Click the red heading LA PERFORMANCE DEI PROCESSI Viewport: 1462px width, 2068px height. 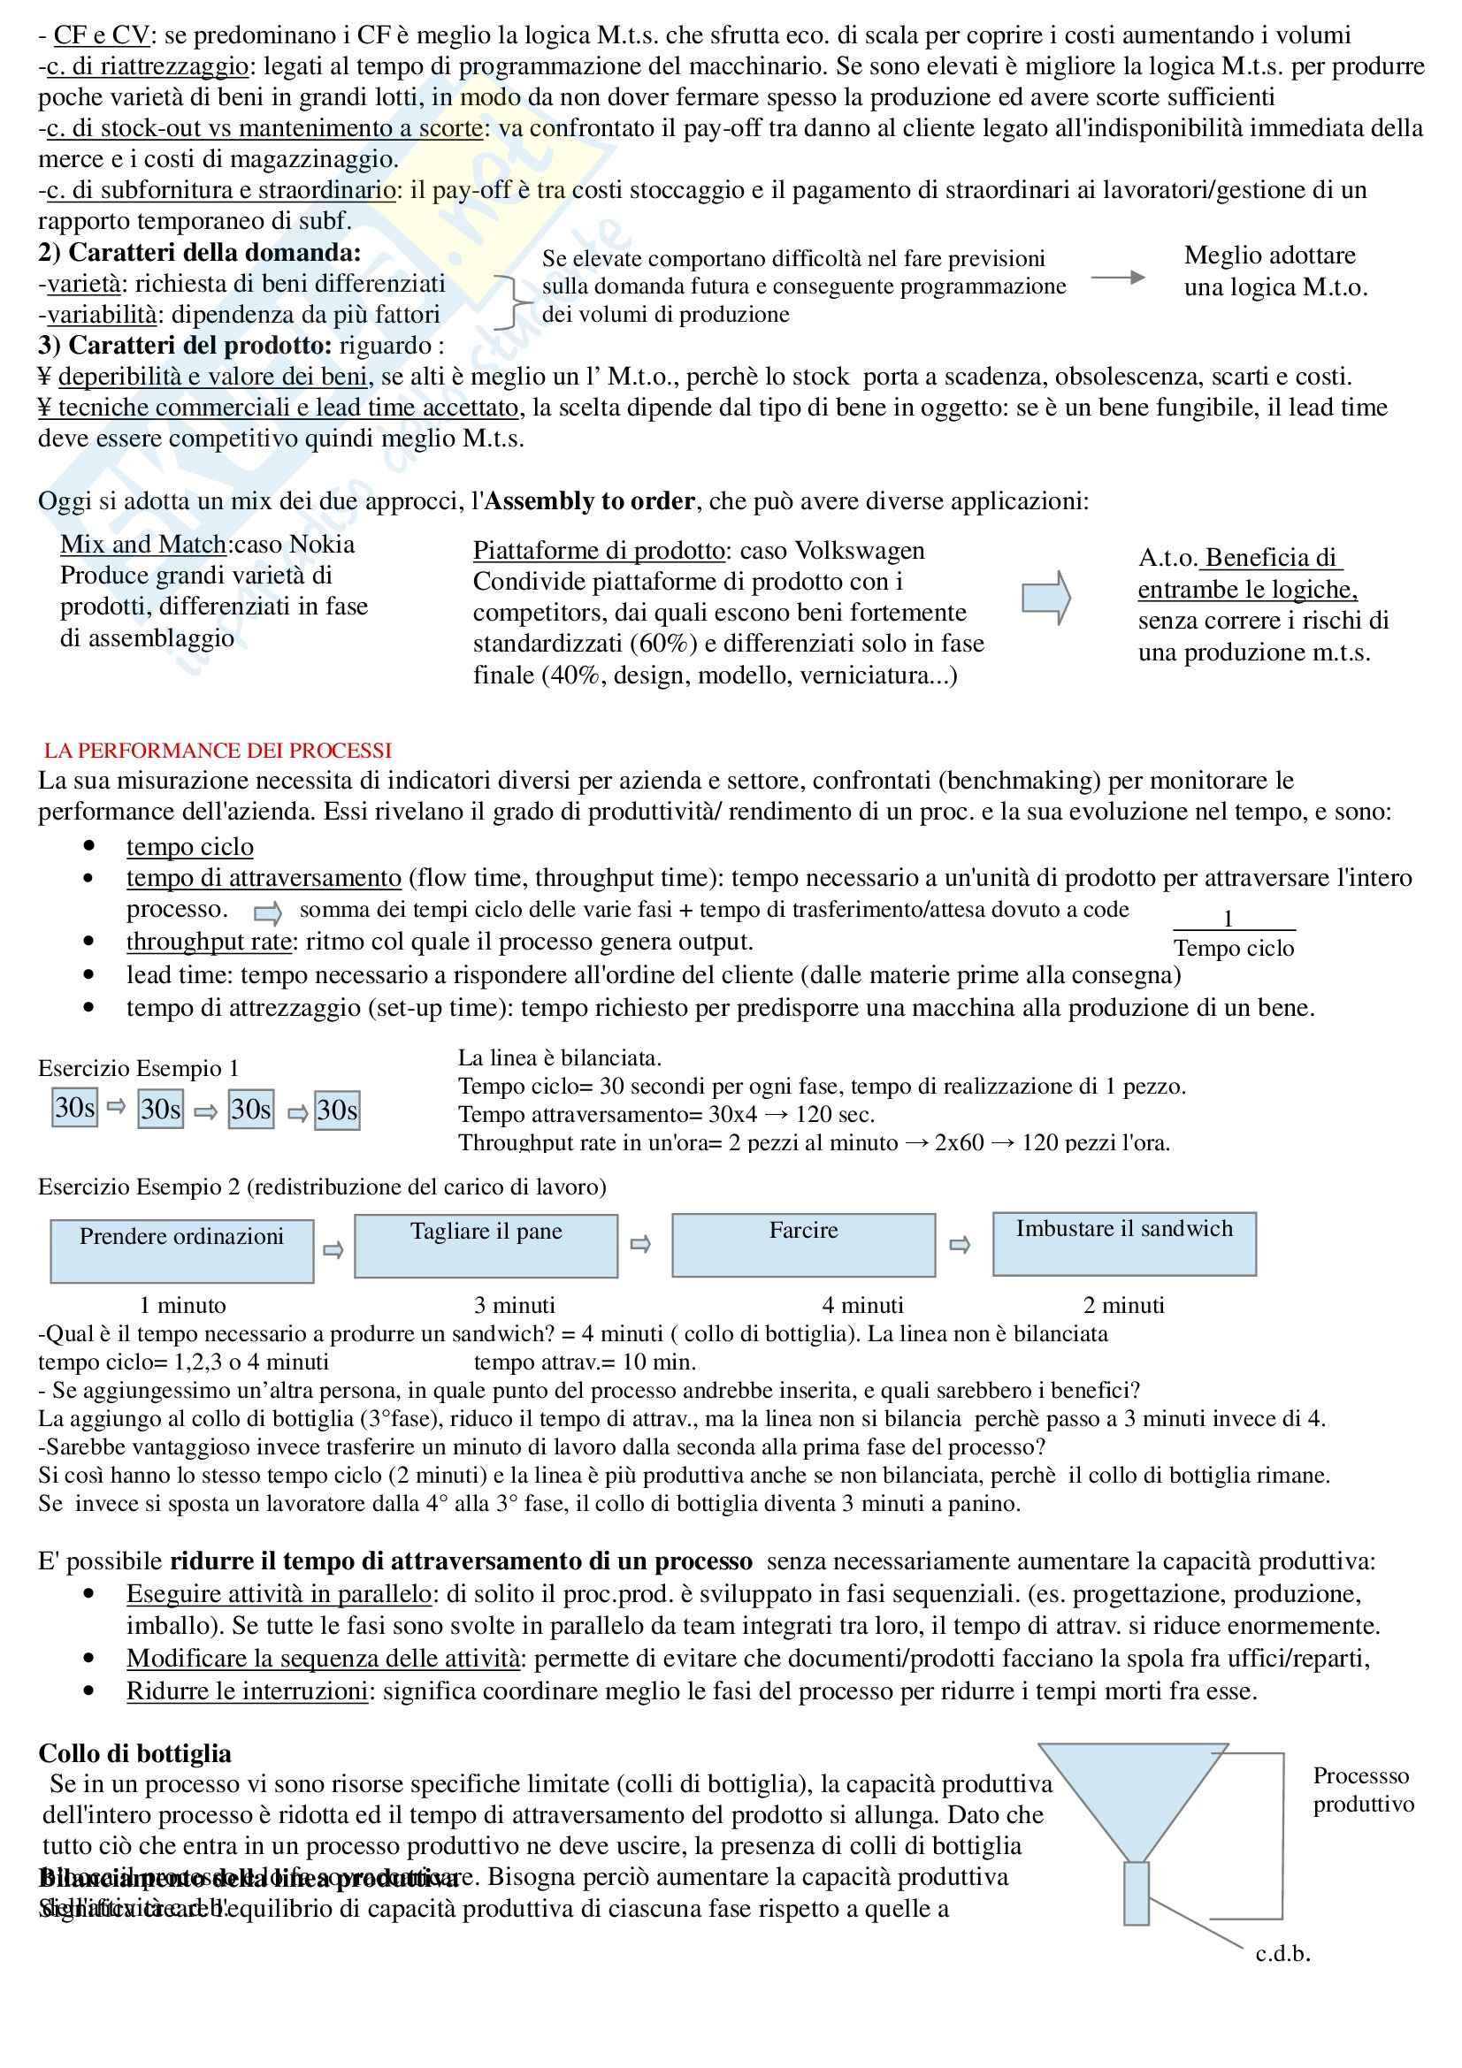pos(217,751)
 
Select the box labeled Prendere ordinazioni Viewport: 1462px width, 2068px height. pos(182,1251)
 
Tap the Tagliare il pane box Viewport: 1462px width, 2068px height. pos(486,1246)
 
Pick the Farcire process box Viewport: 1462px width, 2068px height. pos(802,1245)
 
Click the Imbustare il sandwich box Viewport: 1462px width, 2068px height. pos(1123,1244)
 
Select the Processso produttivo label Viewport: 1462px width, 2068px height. pos(1363,1789)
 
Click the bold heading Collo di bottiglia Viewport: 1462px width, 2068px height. pos(134,1752)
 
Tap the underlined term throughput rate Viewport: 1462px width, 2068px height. pos(209,942)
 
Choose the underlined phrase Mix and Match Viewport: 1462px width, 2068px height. pos(143,544)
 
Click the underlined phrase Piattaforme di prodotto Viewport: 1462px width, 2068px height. pos(599,550)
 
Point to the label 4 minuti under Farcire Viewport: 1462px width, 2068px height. pos(862,1305)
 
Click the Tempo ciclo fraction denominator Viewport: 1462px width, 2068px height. pos(1233,949)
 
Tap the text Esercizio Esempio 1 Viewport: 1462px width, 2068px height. pos(139,1068)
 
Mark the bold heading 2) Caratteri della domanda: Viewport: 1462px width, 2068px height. pos(199,252)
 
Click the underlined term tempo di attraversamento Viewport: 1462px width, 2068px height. pos(263,878)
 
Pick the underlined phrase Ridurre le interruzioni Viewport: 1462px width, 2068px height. pos(247,1691)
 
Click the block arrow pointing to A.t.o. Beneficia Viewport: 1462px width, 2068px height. pos(1045,597)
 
